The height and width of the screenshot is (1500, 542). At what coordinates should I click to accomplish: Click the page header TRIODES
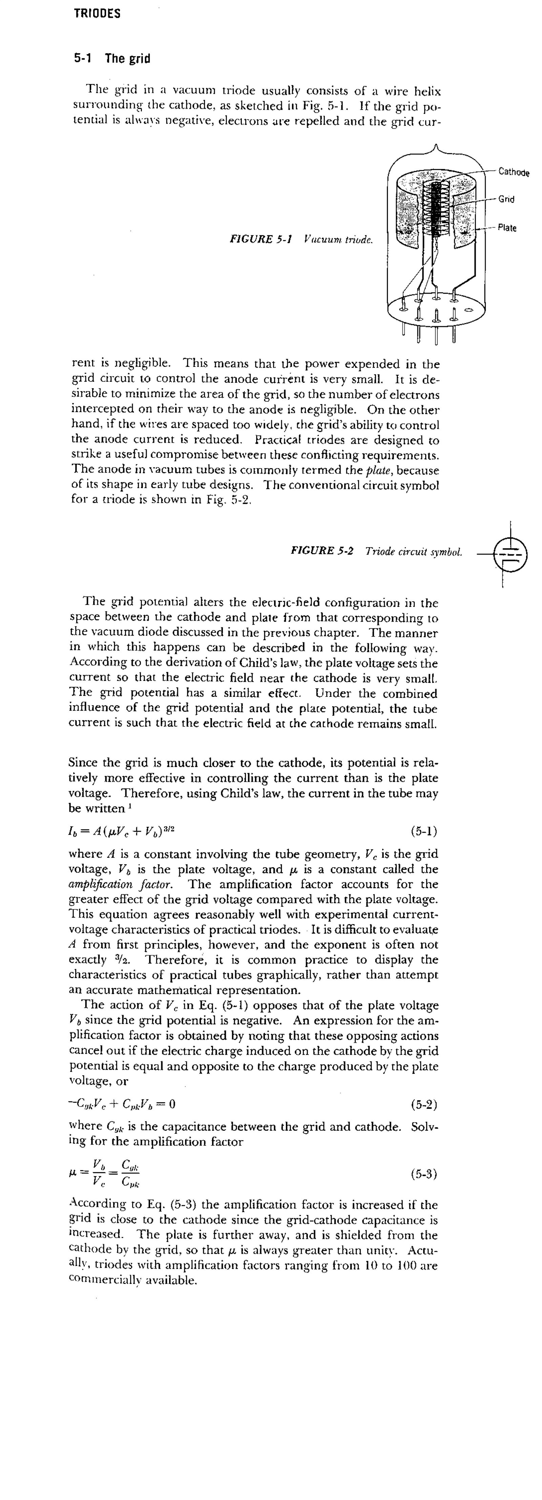[97, 14]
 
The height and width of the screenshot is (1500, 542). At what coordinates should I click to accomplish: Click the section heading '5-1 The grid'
[112, 58]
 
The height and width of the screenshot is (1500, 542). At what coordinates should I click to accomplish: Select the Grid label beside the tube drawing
[506, 199]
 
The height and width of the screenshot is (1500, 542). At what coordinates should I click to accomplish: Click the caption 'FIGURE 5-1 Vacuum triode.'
[301, 239]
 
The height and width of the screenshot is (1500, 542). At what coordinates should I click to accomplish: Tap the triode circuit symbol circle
[510, 554]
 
